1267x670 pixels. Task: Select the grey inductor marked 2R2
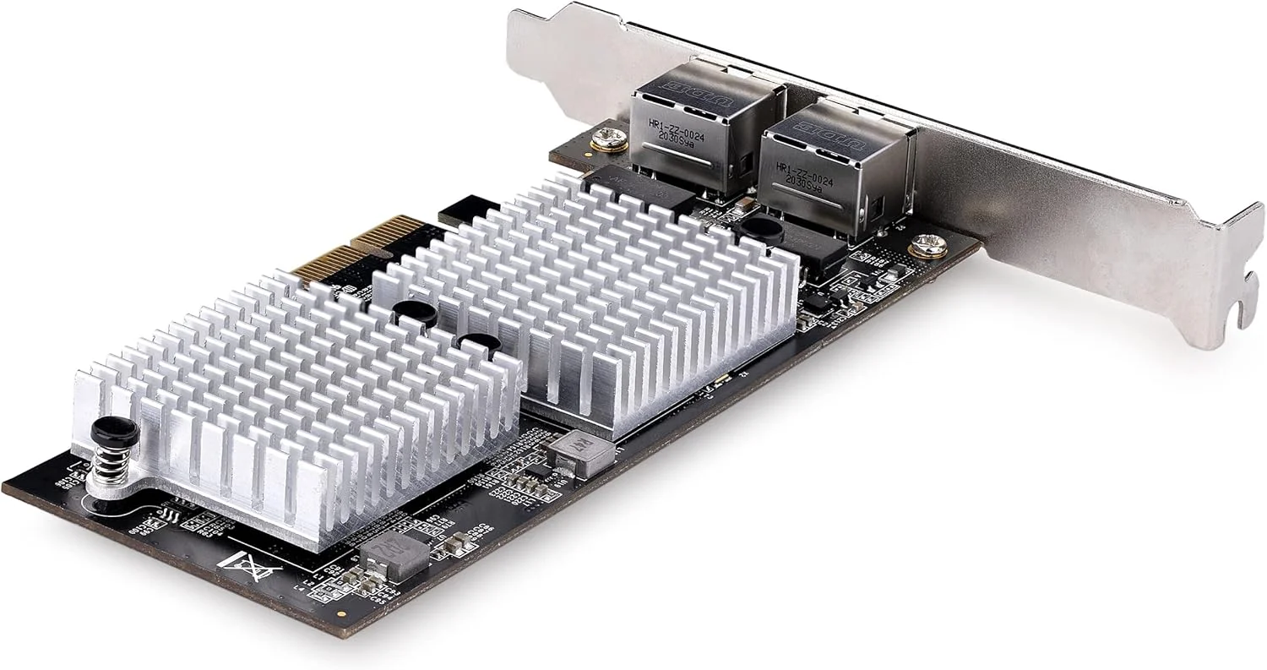(394, 555)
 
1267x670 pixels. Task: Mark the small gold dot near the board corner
(340, 614)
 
